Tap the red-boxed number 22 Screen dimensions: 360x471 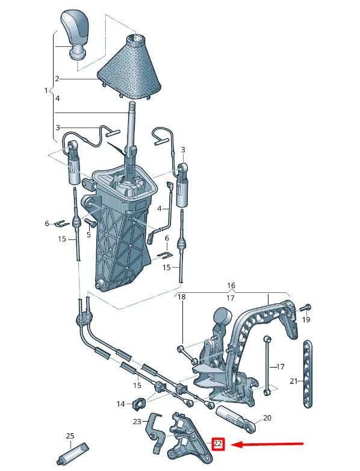click(218, 444)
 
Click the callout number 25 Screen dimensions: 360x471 click(70, 436)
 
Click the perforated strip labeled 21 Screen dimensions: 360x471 click(308, 374)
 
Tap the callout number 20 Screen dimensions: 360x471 click(267, 417)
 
